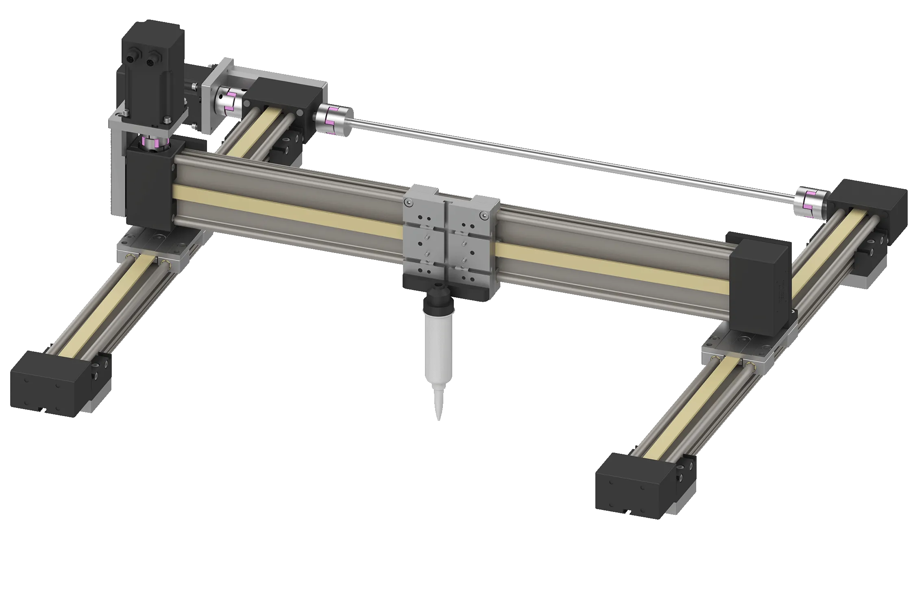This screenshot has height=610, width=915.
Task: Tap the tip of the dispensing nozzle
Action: pos(439,419)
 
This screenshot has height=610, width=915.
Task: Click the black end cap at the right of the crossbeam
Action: pos(760,285)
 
